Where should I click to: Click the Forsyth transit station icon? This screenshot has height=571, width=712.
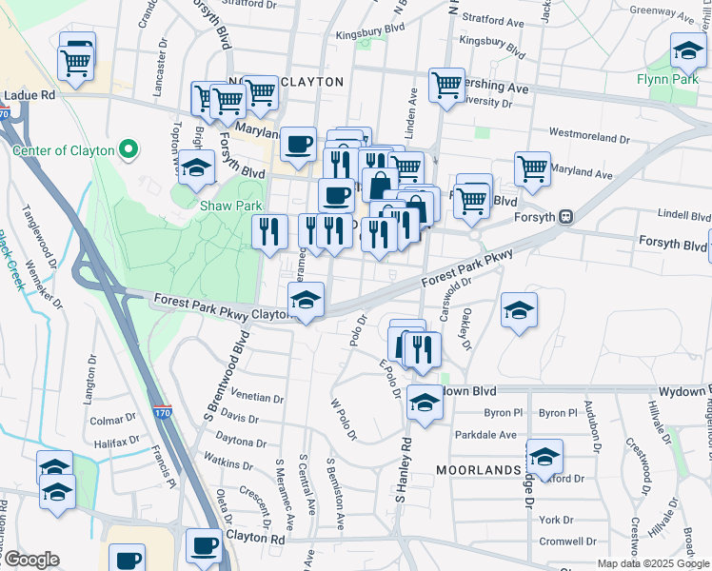565,216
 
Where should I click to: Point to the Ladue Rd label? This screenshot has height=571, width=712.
29,95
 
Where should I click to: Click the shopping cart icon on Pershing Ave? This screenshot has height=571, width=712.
446,85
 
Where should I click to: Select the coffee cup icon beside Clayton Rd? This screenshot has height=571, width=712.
204,545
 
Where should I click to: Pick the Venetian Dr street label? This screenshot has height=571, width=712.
257,399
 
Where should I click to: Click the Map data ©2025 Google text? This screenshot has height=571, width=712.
653,563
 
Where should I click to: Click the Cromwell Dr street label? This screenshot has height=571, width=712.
563,541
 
